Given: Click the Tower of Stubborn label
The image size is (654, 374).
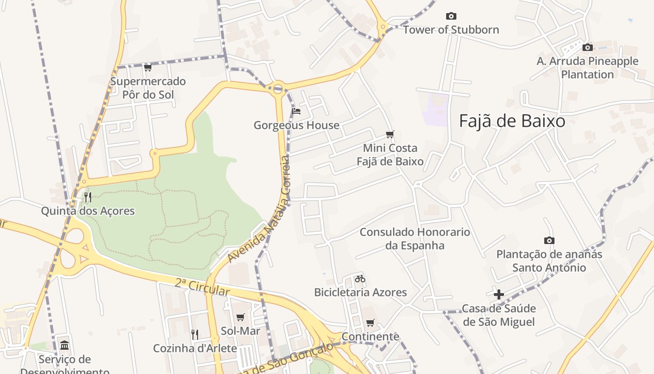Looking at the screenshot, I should click(x=451, y=30).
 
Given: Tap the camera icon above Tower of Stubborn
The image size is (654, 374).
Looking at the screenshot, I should click(x=451, y=16).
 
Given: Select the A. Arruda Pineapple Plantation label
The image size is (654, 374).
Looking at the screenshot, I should click(x=587, y=68).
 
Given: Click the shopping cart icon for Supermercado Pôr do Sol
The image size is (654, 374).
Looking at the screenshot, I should click(x=148, y=67).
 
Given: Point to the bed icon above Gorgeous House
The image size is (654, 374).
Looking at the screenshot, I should click(x=296, y=111).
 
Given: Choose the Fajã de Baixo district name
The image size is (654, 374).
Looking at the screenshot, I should click(x=512, y=121).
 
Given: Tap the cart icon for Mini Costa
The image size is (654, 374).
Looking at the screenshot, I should click(x=390, y=135).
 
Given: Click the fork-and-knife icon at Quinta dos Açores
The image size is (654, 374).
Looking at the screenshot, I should click(x=88, y=197).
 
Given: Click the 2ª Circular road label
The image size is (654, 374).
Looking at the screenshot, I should click(x=203, y=287).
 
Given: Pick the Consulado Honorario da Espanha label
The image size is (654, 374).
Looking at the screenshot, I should click(x=415, y=238).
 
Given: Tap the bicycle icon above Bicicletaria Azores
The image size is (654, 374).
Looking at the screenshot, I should click(x=360, y=279).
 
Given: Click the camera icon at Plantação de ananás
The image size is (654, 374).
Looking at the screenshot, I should click(x=549, y=240).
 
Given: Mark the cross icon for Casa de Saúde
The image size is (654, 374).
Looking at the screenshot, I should click(x=498, y=295).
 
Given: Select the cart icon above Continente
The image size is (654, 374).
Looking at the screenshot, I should click(x=370, y=323).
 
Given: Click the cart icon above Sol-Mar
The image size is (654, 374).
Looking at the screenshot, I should click(x=241, y=317).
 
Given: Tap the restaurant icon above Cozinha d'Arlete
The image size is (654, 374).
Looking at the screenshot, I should click(x=195, y=334).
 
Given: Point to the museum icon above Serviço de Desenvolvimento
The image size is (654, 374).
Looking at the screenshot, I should click(x=65, y=345).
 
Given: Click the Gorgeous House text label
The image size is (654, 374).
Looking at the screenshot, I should click(x=296, y=125).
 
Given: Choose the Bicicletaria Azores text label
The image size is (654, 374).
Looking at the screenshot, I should click(x=360, y=293).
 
